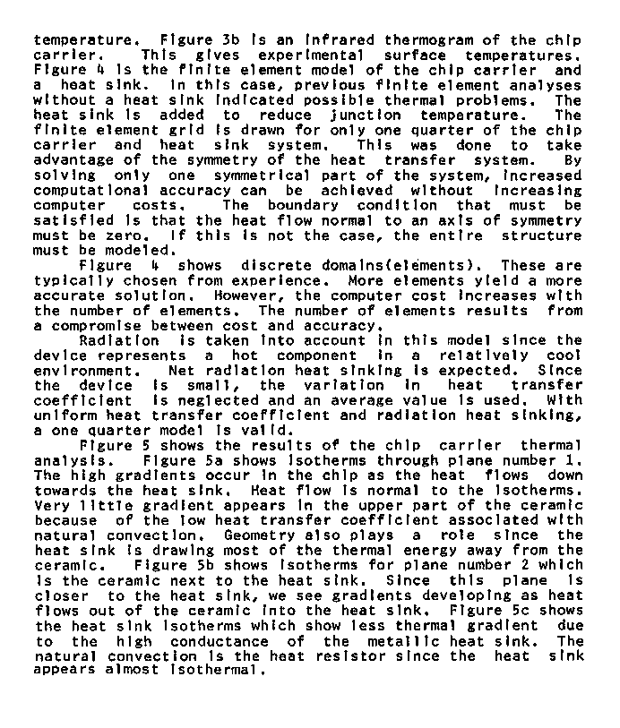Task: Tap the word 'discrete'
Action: (278, 266)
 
